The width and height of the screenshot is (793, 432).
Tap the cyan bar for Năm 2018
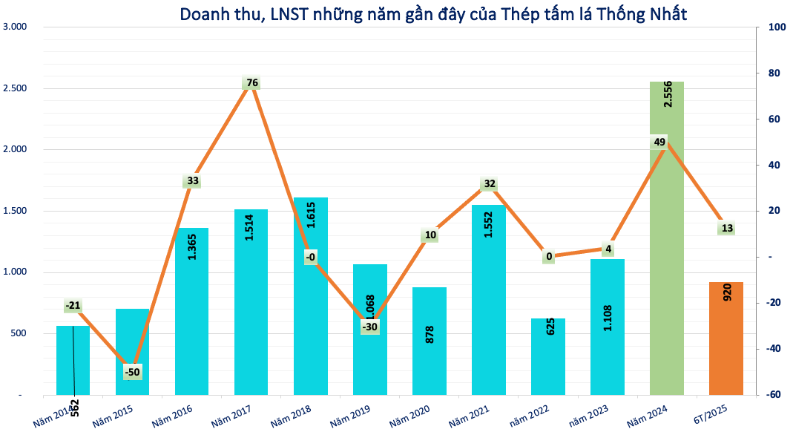pos(310,327)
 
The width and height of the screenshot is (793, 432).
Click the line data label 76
pos(251,83)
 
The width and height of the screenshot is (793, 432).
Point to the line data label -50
pos(132,372)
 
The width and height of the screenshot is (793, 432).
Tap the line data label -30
pos(369,327)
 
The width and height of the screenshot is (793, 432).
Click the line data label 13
pos(726,228)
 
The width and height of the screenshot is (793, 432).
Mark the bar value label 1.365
pos(192,246)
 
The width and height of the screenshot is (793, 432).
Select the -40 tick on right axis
pos(773,349)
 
